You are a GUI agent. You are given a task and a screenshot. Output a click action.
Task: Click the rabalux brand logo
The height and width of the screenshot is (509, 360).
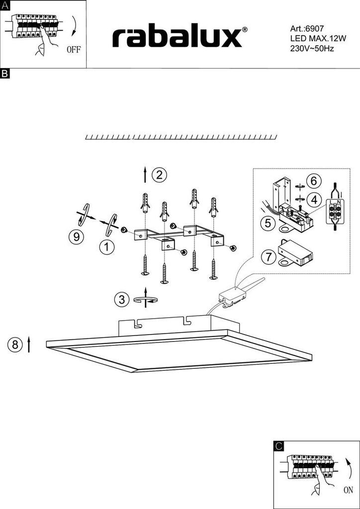180,38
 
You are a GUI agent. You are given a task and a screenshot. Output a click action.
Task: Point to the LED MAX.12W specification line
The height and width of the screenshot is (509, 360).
318,39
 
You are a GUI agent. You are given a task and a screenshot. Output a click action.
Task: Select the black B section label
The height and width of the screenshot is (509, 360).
5,74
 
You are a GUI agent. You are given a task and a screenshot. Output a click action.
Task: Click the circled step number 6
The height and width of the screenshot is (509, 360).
314,181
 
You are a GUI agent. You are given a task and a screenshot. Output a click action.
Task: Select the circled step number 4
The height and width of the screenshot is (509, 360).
314,200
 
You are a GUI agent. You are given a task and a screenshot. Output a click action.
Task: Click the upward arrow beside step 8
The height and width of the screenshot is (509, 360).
29,344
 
